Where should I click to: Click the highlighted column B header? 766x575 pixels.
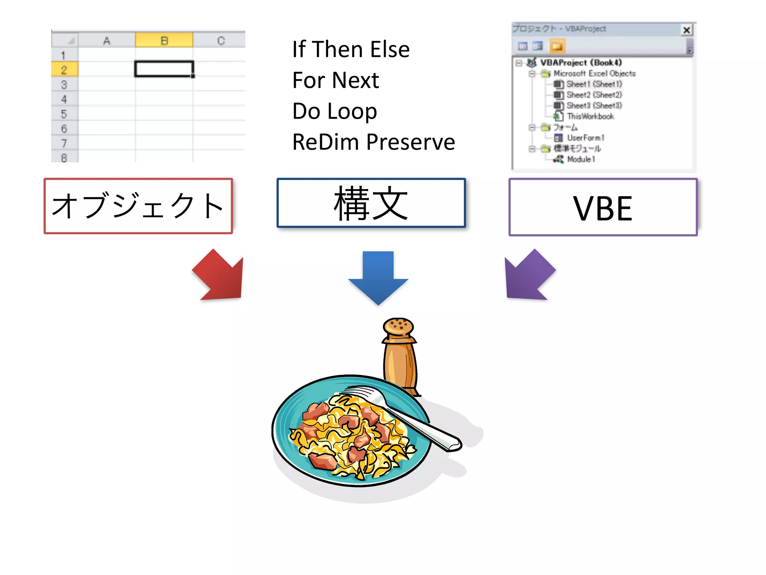(x=164, y=40)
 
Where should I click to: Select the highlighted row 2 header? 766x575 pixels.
(x=64, y=70)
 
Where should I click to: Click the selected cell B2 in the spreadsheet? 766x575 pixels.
(x=164, y=69)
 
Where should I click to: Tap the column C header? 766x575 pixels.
(x=221, y=40)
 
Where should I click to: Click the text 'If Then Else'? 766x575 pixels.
(x=351, y=49)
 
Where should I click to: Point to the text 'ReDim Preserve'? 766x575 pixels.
(x=373, y=142)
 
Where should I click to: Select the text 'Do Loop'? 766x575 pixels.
(x=334, y=112)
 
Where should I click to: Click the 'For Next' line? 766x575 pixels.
(x=335, y=80)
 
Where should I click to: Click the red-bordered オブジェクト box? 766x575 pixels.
(x=138, y=206)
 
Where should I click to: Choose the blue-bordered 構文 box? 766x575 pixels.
(x=371, y=203)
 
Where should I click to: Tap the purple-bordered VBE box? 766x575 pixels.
(x=603, y=207)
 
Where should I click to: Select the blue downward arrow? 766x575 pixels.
(x=378, y=277)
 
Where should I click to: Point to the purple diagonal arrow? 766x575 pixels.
(x=528, y=276)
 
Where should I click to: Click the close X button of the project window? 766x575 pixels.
(x=686, y=30)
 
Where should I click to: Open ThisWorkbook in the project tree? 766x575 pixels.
(x=590, y=116)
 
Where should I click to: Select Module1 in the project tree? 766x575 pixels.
(x=580, y=159)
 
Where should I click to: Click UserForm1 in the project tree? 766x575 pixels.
(x=585, y=138)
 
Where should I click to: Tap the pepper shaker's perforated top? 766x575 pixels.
(x=398, y=326)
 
